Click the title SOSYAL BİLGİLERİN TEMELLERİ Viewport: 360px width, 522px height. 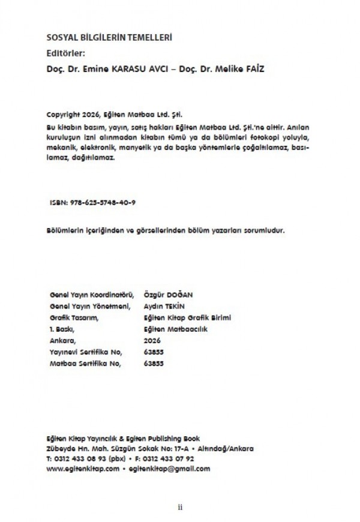click(109, 38)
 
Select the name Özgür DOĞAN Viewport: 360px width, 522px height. click(169, 295)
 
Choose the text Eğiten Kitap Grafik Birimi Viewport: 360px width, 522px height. click(188, 317)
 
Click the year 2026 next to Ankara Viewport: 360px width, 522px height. click(153, 340)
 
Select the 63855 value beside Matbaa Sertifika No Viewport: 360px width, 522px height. click(154, 363)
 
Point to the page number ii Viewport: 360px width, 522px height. click(180, 507)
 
